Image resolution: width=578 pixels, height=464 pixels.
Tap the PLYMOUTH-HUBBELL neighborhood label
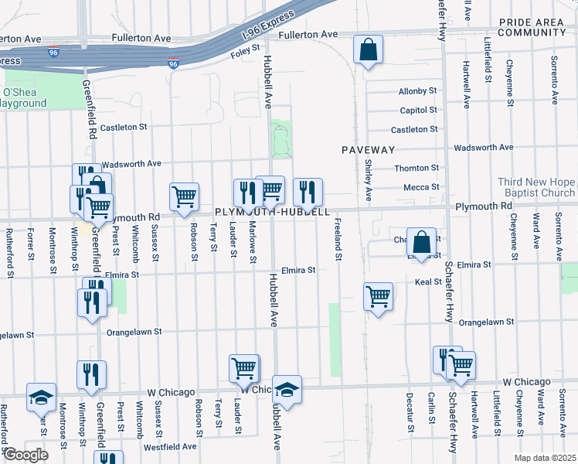tap(272, 212)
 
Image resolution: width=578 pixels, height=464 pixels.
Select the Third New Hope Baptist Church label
tap(537, 187)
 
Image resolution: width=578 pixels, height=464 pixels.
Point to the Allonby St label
tap(418, 92)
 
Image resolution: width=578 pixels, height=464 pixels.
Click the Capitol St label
tap(418, 111)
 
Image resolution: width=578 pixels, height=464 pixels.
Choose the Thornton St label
tap(416, 168)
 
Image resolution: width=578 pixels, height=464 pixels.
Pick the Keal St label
tap(427, 282)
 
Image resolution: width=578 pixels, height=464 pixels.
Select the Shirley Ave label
tap(369, 179)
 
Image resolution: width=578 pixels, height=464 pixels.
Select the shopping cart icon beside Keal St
tap(379, 296)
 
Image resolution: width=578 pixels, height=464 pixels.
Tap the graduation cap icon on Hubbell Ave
tap(287, 391)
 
